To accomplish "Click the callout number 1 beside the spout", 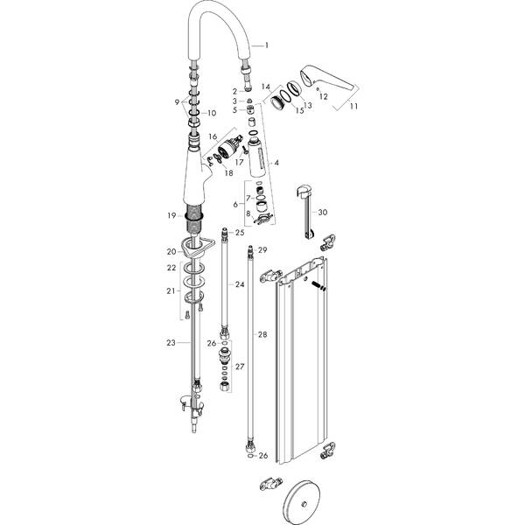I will pos(267,45).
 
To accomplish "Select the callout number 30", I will pos(323,213).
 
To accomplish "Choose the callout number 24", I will pos(239,284).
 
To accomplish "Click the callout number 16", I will pos(212,136).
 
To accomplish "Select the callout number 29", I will pos(262,250).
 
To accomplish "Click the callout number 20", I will pos(172,252).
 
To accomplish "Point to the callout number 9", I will pos(178,103).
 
